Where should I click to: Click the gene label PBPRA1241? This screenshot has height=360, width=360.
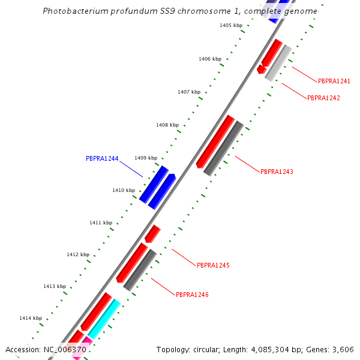(x=334, y=81)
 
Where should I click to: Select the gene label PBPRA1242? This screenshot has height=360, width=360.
(x=323, y=98)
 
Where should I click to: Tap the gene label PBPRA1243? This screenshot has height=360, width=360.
(x=277, y=172)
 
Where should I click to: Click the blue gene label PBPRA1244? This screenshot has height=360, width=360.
(x=102, y=159)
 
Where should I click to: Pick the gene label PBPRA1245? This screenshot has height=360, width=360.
(x=213, y=265)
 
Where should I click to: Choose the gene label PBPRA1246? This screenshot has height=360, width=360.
(x=192, y=295)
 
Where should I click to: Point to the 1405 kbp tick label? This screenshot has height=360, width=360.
(x=231, y=25)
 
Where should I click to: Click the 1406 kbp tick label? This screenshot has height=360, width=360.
(x=210, y=59)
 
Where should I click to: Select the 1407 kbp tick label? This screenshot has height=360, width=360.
(x=189, y=92)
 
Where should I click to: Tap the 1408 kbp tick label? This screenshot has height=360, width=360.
(x=167, y=125)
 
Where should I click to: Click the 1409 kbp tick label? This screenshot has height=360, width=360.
(x=146, y=158)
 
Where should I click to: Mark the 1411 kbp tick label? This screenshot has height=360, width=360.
(x=101, y=223)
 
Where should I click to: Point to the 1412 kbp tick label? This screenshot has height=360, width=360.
(x=78, y=254)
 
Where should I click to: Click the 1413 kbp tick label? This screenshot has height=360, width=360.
(x=55, y=286)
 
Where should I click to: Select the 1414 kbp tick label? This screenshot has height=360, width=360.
(x=31, y=318)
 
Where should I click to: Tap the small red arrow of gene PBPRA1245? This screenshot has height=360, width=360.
(x=153, y=233)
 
